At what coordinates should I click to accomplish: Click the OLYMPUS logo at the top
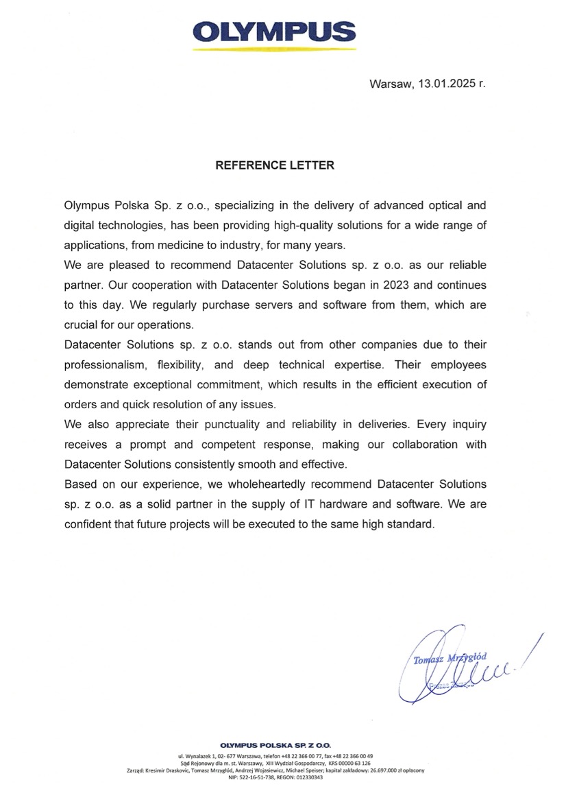pyautogui.click(x=275, y=32)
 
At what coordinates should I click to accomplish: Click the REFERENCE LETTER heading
pyautogui.click(x=275, y=165)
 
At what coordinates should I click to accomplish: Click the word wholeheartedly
pyautogui.click(x=257, y=485)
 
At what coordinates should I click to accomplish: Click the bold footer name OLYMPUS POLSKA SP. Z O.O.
pyautogui.click(x=275, y=745)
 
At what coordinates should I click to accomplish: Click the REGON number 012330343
pyautogui.click(x=310, y=777)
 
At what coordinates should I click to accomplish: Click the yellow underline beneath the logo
pyautogui.click(x=274, y=49)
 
